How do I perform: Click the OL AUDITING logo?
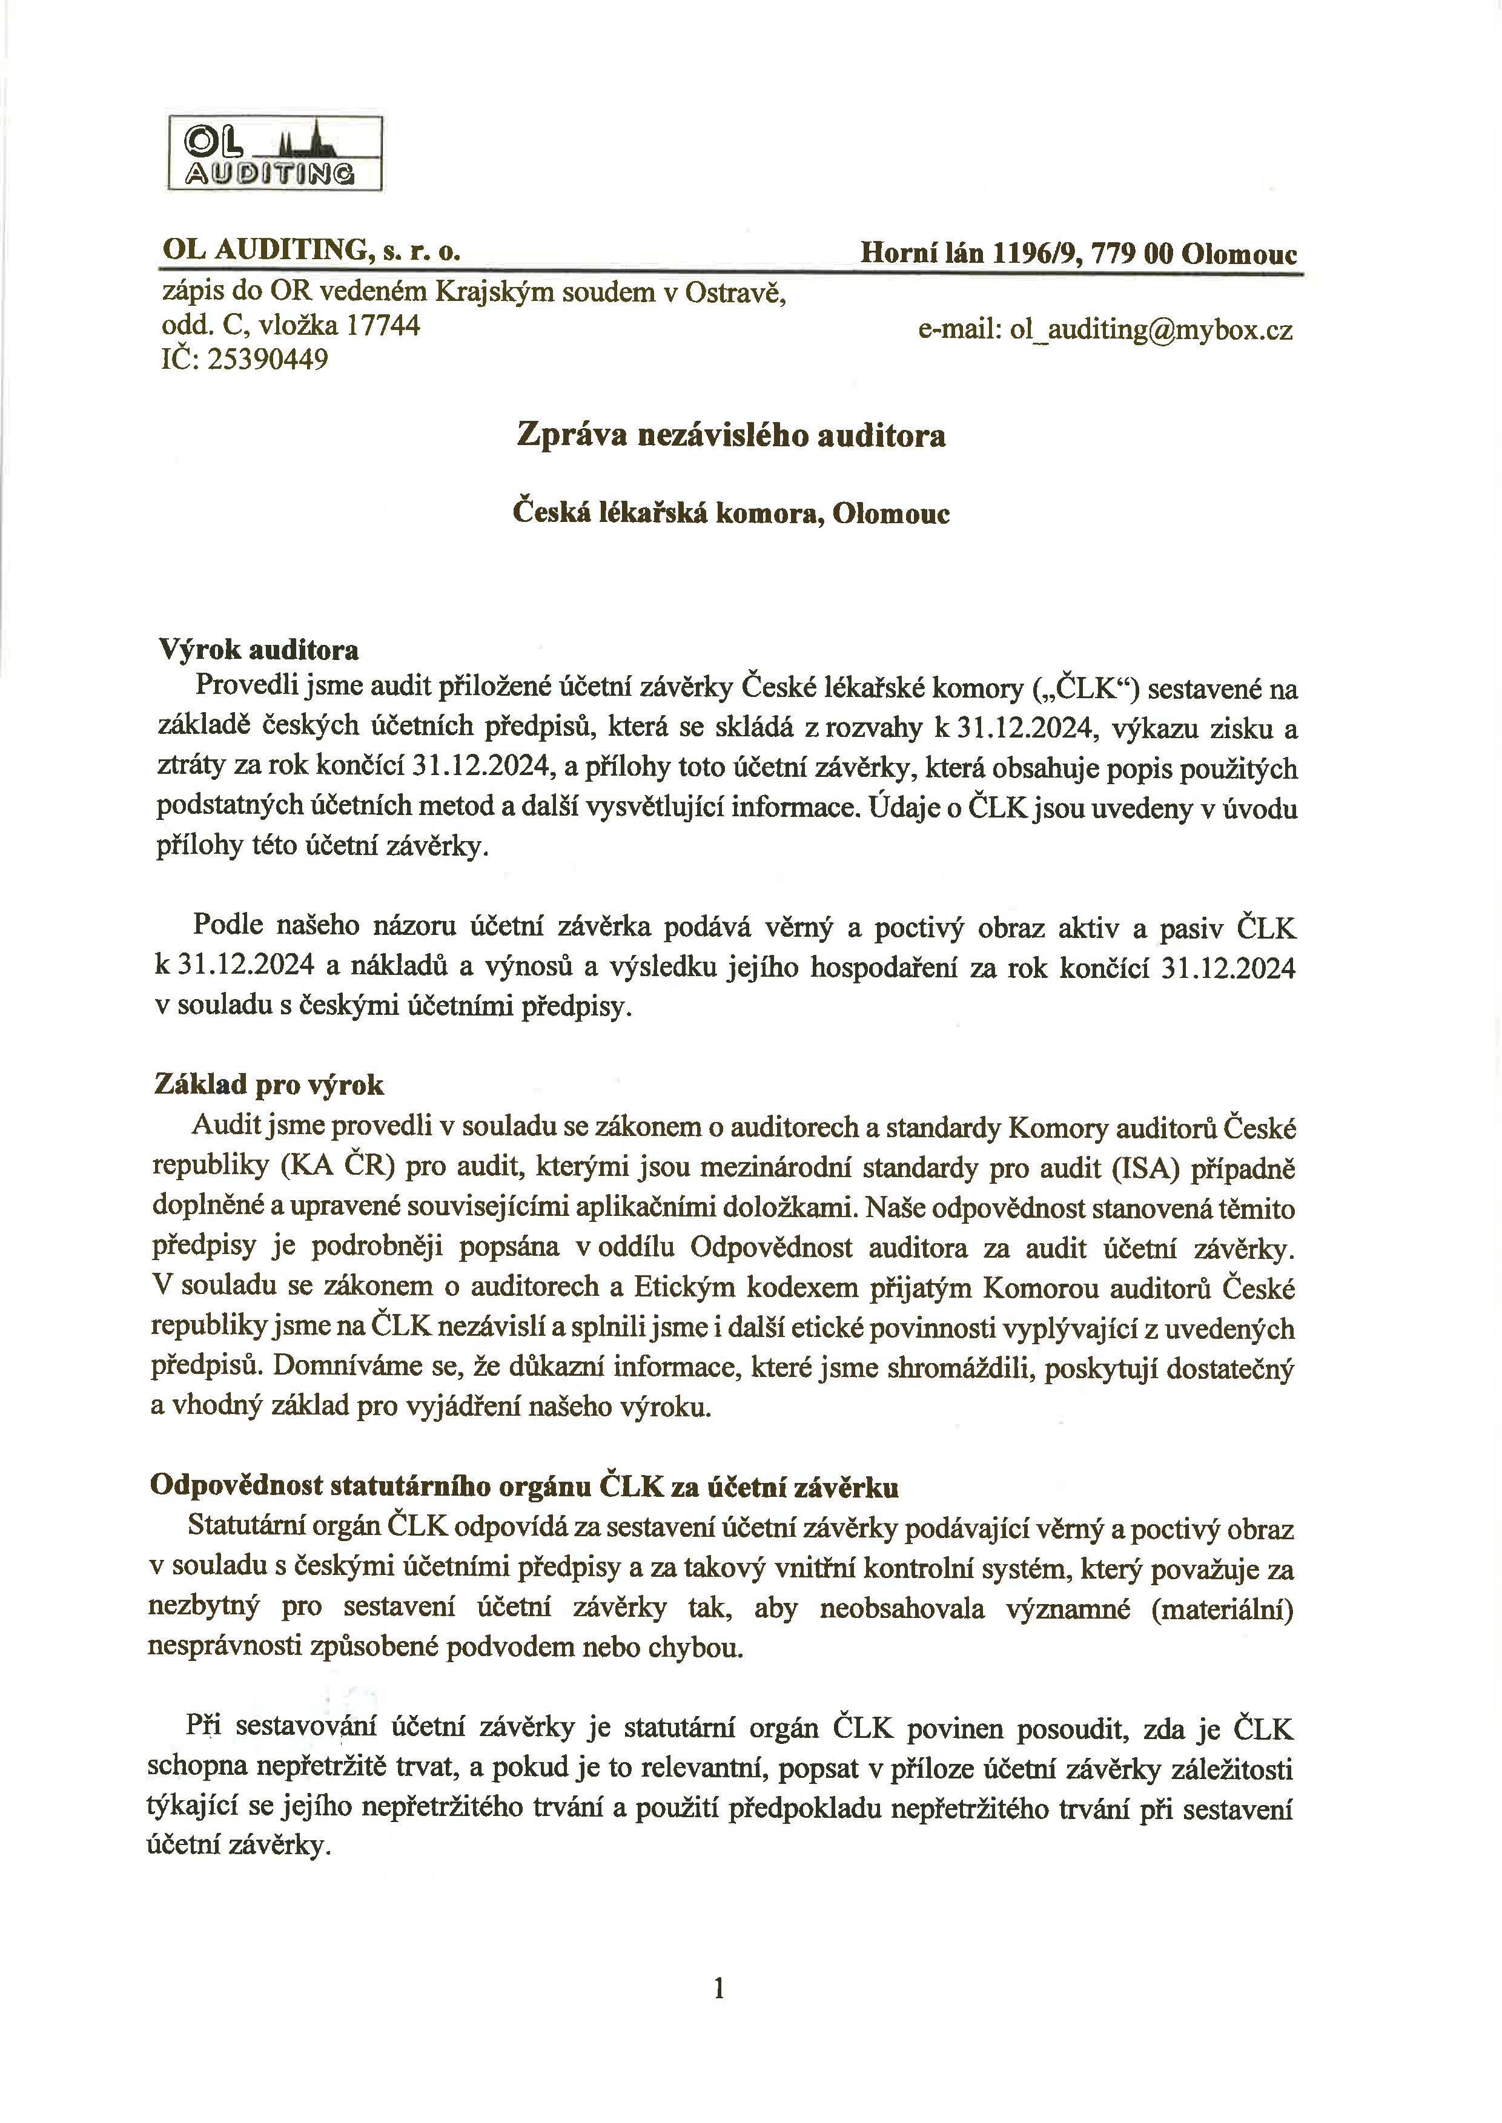275,153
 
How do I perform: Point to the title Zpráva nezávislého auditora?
730,435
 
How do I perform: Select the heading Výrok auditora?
259,650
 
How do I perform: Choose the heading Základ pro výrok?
268,1085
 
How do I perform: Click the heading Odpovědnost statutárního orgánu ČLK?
523,1487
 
